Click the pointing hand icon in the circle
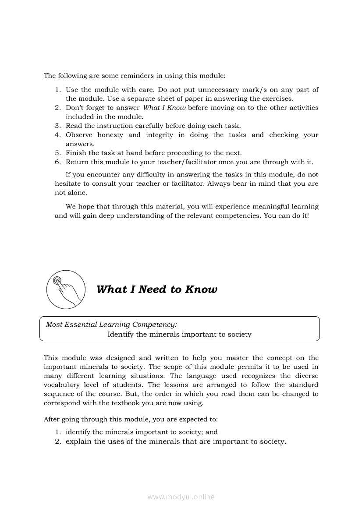(x=66, y=289)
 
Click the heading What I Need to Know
(x=156, y=290)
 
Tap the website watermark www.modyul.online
(x=181, y=497)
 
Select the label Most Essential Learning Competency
(x=111, y=325)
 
